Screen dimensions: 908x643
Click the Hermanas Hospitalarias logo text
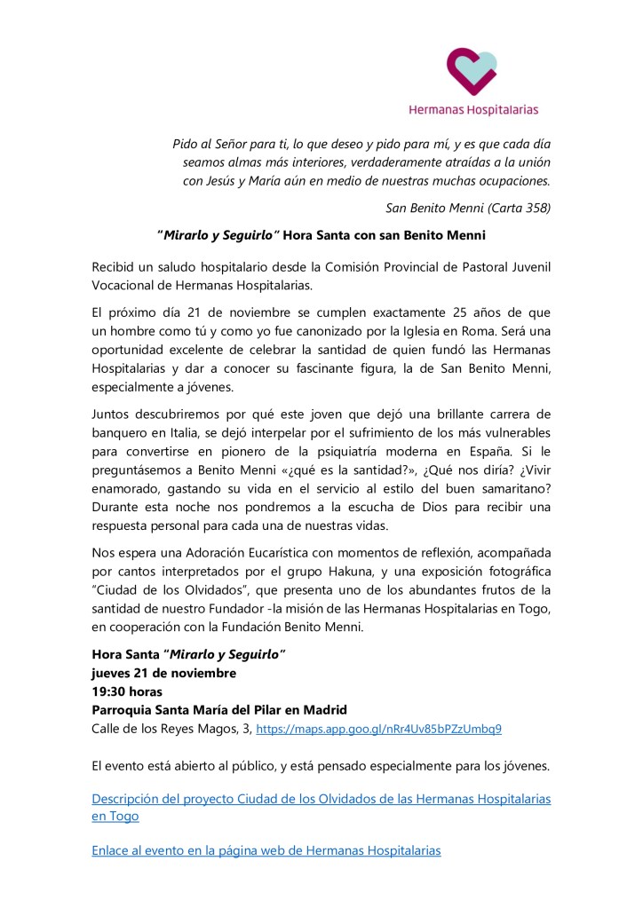tap(472, 110)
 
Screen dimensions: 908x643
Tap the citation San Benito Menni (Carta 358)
tap(468, 209)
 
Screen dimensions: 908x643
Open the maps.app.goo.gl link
tap(378, 730)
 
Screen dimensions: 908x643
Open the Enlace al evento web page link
tap(266, 850)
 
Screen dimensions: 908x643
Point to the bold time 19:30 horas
tap(127, 691)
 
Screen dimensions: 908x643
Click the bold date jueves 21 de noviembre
tap(164, 673)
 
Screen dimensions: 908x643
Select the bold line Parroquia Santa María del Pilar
tap(219, 710)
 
